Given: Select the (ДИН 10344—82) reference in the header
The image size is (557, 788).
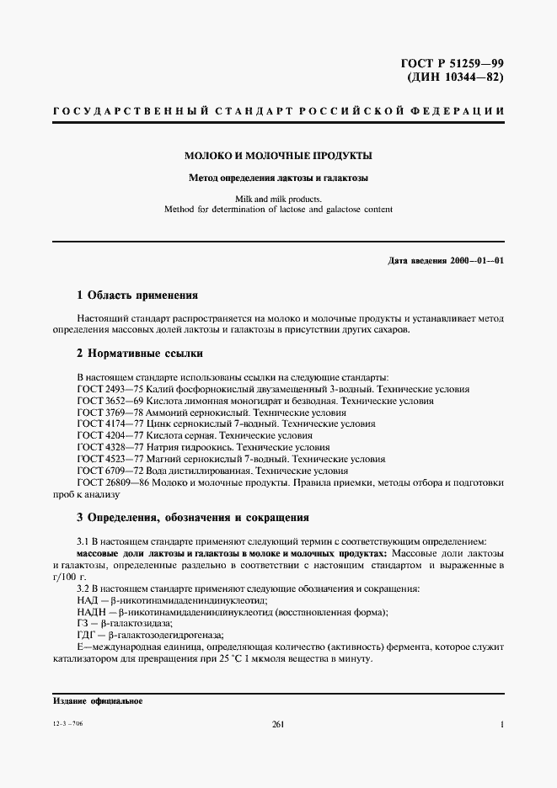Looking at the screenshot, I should tap(460, 77).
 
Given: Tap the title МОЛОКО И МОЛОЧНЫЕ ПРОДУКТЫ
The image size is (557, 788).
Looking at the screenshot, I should tap(278, 156).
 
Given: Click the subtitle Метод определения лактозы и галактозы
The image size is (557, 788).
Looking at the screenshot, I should tap(278, 178).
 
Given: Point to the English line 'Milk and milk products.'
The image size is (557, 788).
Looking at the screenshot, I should tap(278, 200).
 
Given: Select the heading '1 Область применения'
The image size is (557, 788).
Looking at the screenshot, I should tap(137, 295).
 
